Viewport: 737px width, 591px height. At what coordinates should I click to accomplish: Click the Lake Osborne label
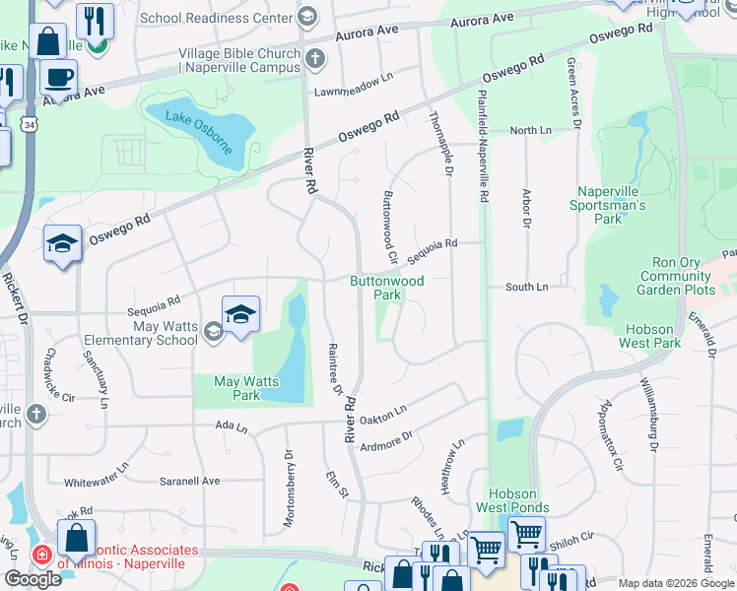[200, 133]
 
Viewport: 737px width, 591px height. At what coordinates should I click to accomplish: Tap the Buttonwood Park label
[388, 288]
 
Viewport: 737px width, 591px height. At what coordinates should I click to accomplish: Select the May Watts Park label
[246, 388]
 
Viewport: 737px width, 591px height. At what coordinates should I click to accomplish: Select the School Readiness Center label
[217, 18]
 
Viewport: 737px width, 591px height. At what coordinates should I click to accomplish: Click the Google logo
[33, 579]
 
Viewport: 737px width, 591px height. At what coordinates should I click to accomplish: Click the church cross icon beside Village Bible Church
[314, 59]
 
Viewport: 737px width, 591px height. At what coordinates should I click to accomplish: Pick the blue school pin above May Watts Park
[240, 315]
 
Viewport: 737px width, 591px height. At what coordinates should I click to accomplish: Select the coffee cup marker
[58, 76]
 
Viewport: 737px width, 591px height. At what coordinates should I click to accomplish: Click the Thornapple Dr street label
[440, 144]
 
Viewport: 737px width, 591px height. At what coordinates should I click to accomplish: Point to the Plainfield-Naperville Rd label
[483, 147]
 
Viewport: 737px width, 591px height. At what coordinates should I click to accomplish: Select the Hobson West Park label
[649, 336]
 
